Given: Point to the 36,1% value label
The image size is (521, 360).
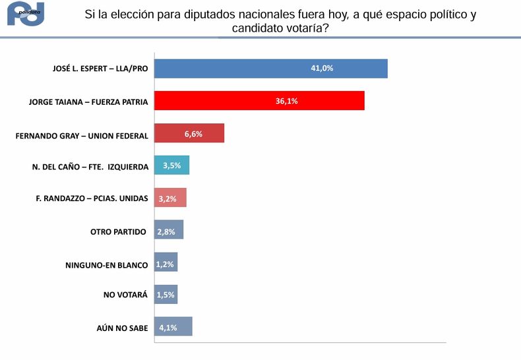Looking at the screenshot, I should [286, 101].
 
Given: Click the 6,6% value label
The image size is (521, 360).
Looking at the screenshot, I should [193, 133].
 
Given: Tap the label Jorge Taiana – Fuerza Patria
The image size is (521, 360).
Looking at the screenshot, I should [88, 102].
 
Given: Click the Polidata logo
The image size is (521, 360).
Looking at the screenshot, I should [25, 13].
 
